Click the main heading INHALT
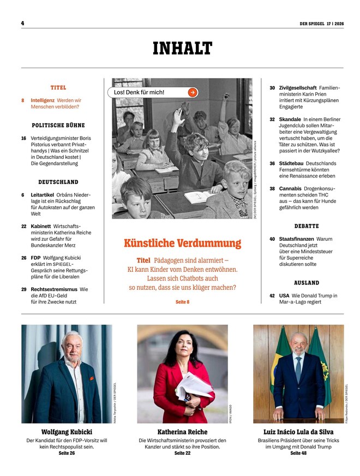click(x=182, y=49)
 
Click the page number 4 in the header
click(x=23, y=23)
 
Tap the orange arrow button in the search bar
click(x=192, y=92)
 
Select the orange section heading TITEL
click(x=58, y=87)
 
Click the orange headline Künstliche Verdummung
click(x=182, y=243)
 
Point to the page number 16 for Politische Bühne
click(x=24, y=139)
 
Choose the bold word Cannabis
click(x=290, y=188)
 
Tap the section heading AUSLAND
click(x=307, y=283)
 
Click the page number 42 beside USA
click(x=272, y=296)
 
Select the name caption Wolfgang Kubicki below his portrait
click(x=66, y=432)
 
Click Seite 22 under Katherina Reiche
click(x=182, y=453)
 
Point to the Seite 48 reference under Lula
click(x=298, y=453)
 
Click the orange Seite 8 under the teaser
click(x=182, y=302)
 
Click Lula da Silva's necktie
click(x=298, y=369)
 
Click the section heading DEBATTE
click(x=307, y=226)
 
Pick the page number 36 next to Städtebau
click(x=272, y=163)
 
